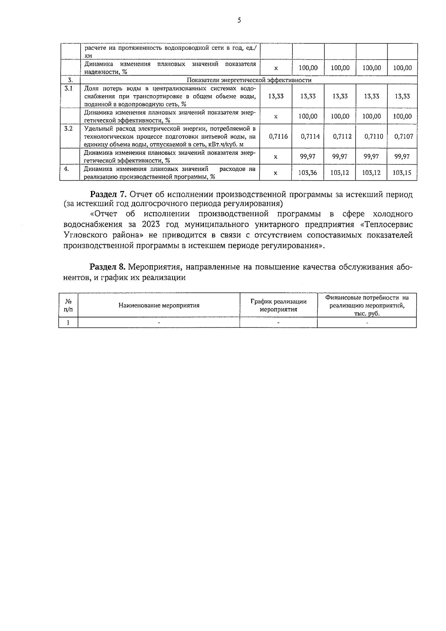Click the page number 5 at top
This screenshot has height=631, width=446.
(x=239, y=20)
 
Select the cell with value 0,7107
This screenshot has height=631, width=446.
(x=403, y=136)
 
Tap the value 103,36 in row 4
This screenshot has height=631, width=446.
(x=308, y=173)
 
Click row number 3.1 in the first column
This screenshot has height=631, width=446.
(x=68, y=88)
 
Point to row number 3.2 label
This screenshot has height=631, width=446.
(x=68, y=129)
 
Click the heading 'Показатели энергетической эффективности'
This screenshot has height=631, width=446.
(x=249, y=80)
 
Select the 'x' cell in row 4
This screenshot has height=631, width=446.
(x=275, y=173)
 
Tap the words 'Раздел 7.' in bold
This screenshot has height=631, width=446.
(x=109, y=194)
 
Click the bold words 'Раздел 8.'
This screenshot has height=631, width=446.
(x=108, y=267)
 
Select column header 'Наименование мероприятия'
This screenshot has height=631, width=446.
(x=159, y=305)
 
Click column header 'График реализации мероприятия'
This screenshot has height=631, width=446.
(x=278, y=305)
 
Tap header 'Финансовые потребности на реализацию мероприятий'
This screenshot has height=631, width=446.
(x=366, y=305)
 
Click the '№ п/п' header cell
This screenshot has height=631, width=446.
(x=68, y=305)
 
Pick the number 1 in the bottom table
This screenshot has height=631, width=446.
(x=68, y=323)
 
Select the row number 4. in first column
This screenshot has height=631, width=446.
(x=67, y=169)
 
